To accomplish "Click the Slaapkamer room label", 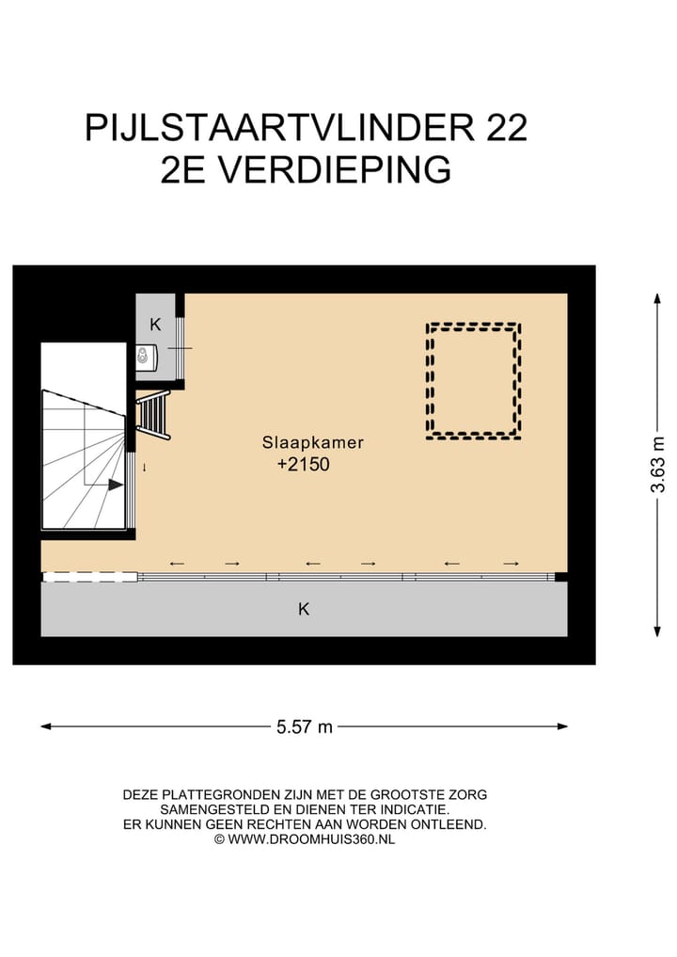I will pos(313,442).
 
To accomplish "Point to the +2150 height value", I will pos(304,464).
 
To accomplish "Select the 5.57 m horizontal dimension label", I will pos(305,726).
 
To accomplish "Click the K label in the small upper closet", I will pos(155,325).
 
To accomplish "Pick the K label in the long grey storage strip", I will pos(304,609).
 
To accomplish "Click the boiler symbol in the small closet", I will pos(145,357).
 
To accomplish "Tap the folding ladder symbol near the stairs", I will pos(153,415).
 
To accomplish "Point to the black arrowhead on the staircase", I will pos(115,485).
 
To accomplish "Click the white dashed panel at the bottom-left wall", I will pos(90,577).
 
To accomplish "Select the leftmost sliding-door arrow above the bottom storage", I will pos(177,564).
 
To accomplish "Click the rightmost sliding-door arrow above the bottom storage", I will pos(511,564).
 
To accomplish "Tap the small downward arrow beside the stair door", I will pos(145,467).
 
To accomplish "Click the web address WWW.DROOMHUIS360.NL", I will pos(311,838).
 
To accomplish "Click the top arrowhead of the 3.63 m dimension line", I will pos(657,297).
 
